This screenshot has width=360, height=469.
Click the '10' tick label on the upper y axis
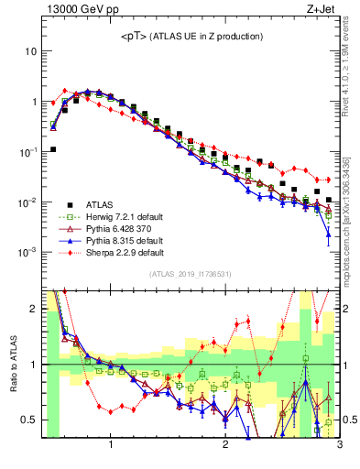pos(30,51)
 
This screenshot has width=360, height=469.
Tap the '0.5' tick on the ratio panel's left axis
pos(28,420)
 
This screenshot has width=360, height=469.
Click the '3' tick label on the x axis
pos(339,446)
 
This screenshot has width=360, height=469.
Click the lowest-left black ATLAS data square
pos(52,149)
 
